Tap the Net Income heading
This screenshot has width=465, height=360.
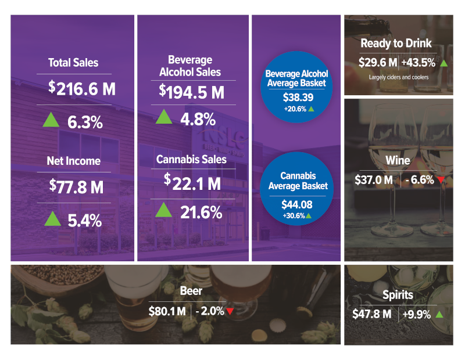pyautogui.click(x=73, y=161)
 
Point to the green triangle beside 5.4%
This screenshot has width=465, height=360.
pyautogui.click(x=52, y=218)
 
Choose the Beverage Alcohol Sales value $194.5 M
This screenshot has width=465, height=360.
pyautogui.click(x=191, y=92)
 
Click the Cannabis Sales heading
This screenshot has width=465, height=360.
pyautogui.click(x=191, y=159)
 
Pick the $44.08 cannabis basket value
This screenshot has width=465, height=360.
pyautogui.click(x=296, y=205)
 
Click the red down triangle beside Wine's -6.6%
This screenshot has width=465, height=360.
pyautogui.click(x=441, y=180)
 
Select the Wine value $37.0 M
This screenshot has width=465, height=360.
pyautogui.click(x=374, y=180)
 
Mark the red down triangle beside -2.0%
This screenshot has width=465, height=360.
pyautogui.click(x=230, y=312)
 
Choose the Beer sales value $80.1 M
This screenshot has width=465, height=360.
pyautogui.click(x=167, y=311)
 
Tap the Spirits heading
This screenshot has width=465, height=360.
pyautogui.click(x=398, y=295)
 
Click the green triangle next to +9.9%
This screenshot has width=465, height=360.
pyautogui.click(x=439, y=314)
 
